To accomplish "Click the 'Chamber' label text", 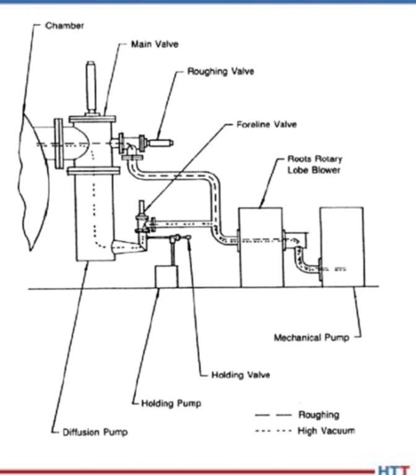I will click(64, 25).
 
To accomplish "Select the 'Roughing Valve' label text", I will click(220, 72).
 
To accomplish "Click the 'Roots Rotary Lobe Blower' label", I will click(314, 165).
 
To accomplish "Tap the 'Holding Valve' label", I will click(241, 375).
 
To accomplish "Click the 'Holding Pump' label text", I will click(171, 403).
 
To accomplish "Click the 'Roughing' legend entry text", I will click(319, 415).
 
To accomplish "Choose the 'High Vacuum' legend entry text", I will click(327, 430).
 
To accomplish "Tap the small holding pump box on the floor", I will click(166, 276).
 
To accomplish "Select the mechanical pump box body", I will click(341, 247).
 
